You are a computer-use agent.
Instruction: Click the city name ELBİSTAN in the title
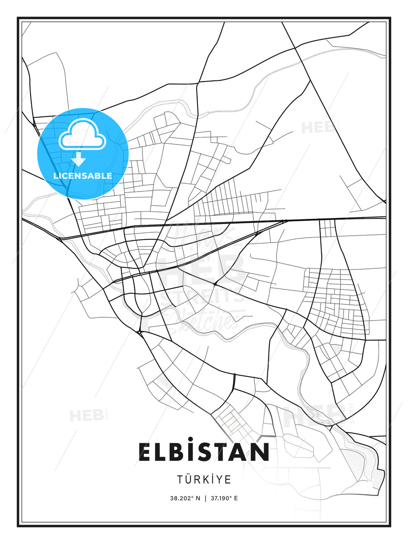point(204,452)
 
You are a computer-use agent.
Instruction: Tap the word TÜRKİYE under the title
point(204,479)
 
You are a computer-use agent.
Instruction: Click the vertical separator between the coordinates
point(206,498)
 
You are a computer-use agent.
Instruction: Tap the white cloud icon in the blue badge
point(82,134)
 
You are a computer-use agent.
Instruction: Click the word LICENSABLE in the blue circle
point(83,176)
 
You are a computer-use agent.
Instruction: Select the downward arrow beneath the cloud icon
point(79,159)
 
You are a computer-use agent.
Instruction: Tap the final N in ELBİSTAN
point(261,452)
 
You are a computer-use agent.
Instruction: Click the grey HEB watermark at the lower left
point(87,416)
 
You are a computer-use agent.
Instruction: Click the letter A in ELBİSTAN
point(241,452)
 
